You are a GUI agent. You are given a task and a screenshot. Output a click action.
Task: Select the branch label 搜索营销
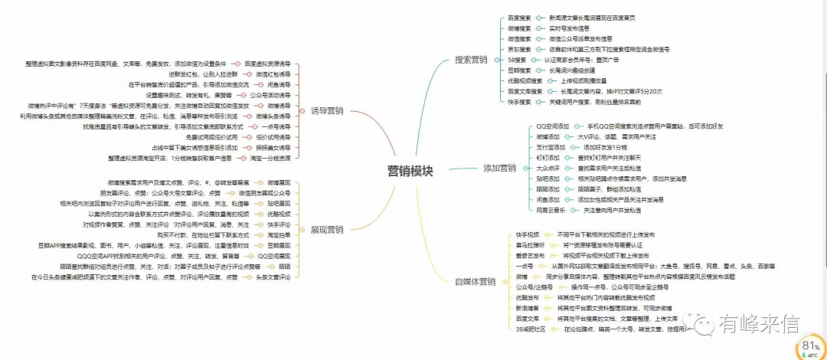tap(471, 59)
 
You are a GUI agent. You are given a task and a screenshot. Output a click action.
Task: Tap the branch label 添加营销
tap(499, 168)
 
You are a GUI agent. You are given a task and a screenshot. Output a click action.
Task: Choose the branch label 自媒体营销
tap(475, 282)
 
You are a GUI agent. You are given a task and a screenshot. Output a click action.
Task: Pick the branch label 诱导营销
tap(327, 110)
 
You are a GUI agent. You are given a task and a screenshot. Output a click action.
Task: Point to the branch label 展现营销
tap(327, 229)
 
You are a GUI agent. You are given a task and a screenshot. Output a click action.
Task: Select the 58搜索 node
tap(517, 59)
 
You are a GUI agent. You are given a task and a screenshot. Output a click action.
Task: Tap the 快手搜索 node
tap(519, 101)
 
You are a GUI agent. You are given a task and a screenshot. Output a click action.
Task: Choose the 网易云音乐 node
tap(552, 210)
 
